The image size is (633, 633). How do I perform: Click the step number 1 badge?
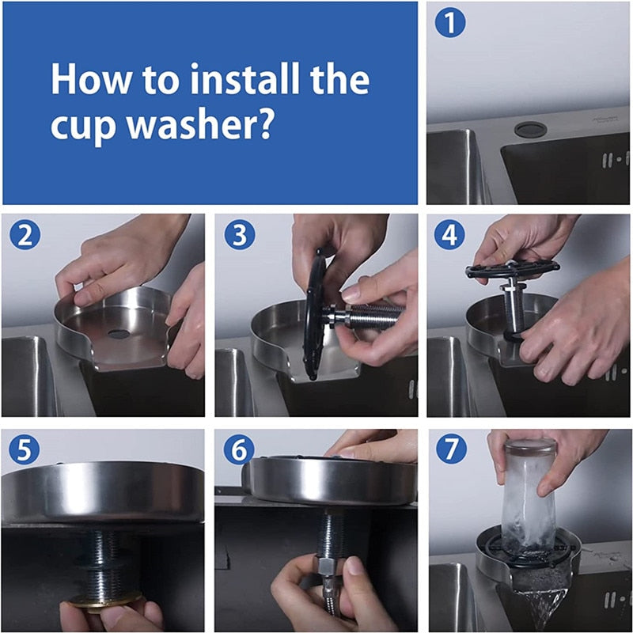(x=450, y=24)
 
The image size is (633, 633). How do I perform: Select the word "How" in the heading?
(x=85, y=81)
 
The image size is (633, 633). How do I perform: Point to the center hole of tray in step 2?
(x=118, y=334)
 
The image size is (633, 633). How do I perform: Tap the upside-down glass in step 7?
(x=529, y=495)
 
